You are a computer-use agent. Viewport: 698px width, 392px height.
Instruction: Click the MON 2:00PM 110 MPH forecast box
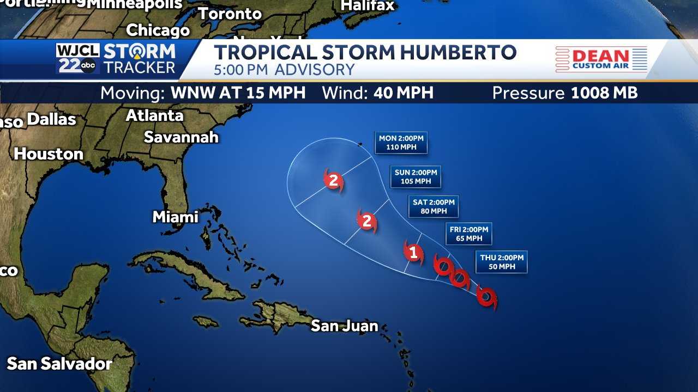coord(401,143)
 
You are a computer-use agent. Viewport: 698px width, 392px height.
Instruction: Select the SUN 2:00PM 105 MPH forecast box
coord(415,177)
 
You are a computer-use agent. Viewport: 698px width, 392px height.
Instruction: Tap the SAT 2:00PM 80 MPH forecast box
coord(434,206)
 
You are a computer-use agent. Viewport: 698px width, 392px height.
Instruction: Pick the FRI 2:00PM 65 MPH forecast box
coord(468,234)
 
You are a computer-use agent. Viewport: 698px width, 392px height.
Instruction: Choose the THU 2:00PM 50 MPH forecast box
coord(502,262)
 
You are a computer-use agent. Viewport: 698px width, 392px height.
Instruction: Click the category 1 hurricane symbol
coord(413,253)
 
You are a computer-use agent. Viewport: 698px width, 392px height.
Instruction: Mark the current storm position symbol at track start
coord(486,298)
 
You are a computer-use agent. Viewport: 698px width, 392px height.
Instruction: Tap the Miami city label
coord(175,217)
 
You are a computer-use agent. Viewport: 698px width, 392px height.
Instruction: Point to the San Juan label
coord(344,326)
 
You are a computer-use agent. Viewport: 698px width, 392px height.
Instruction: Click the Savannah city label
coord(181,137)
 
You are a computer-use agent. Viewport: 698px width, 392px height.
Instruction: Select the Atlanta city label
coord(154,116)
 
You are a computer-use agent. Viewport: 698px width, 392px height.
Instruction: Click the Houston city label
coord(49,154)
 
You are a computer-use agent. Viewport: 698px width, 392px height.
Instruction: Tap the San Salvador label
coord(59,364)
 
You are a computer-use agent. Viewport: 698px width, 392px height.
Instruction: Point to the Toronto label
coord(230,14)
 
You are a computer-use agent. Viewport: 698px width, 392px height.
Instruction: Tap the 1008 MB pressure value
coord(604,93)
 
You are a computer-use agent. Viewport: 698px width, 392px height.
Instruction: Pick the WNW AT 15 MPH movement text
coord(238,93)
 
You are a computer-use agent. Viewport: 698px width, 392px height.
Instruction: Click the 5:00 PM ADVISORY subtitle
coord(284,70)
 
